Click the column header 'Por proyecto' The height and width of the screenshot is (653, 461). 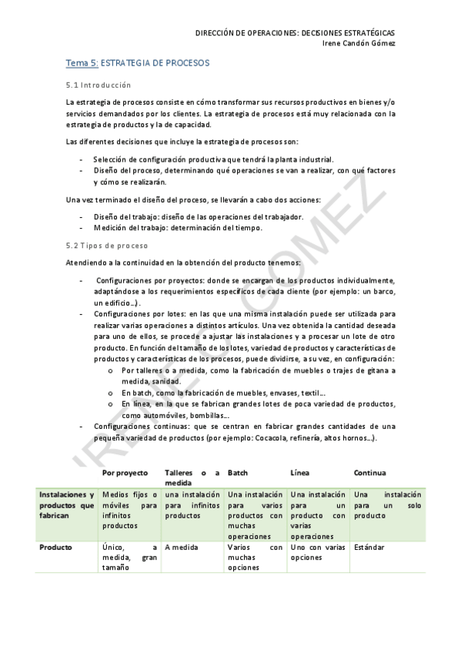tap(125, 472)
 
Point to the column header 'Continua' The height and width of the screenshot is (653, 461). tap(369, 472)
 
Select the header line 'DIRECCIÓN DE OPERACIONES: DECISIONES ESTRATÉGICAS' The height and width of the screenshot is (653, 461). tap(295, 33)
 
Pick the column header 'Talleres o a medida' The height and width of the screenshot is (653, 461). tap(192, 477)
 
